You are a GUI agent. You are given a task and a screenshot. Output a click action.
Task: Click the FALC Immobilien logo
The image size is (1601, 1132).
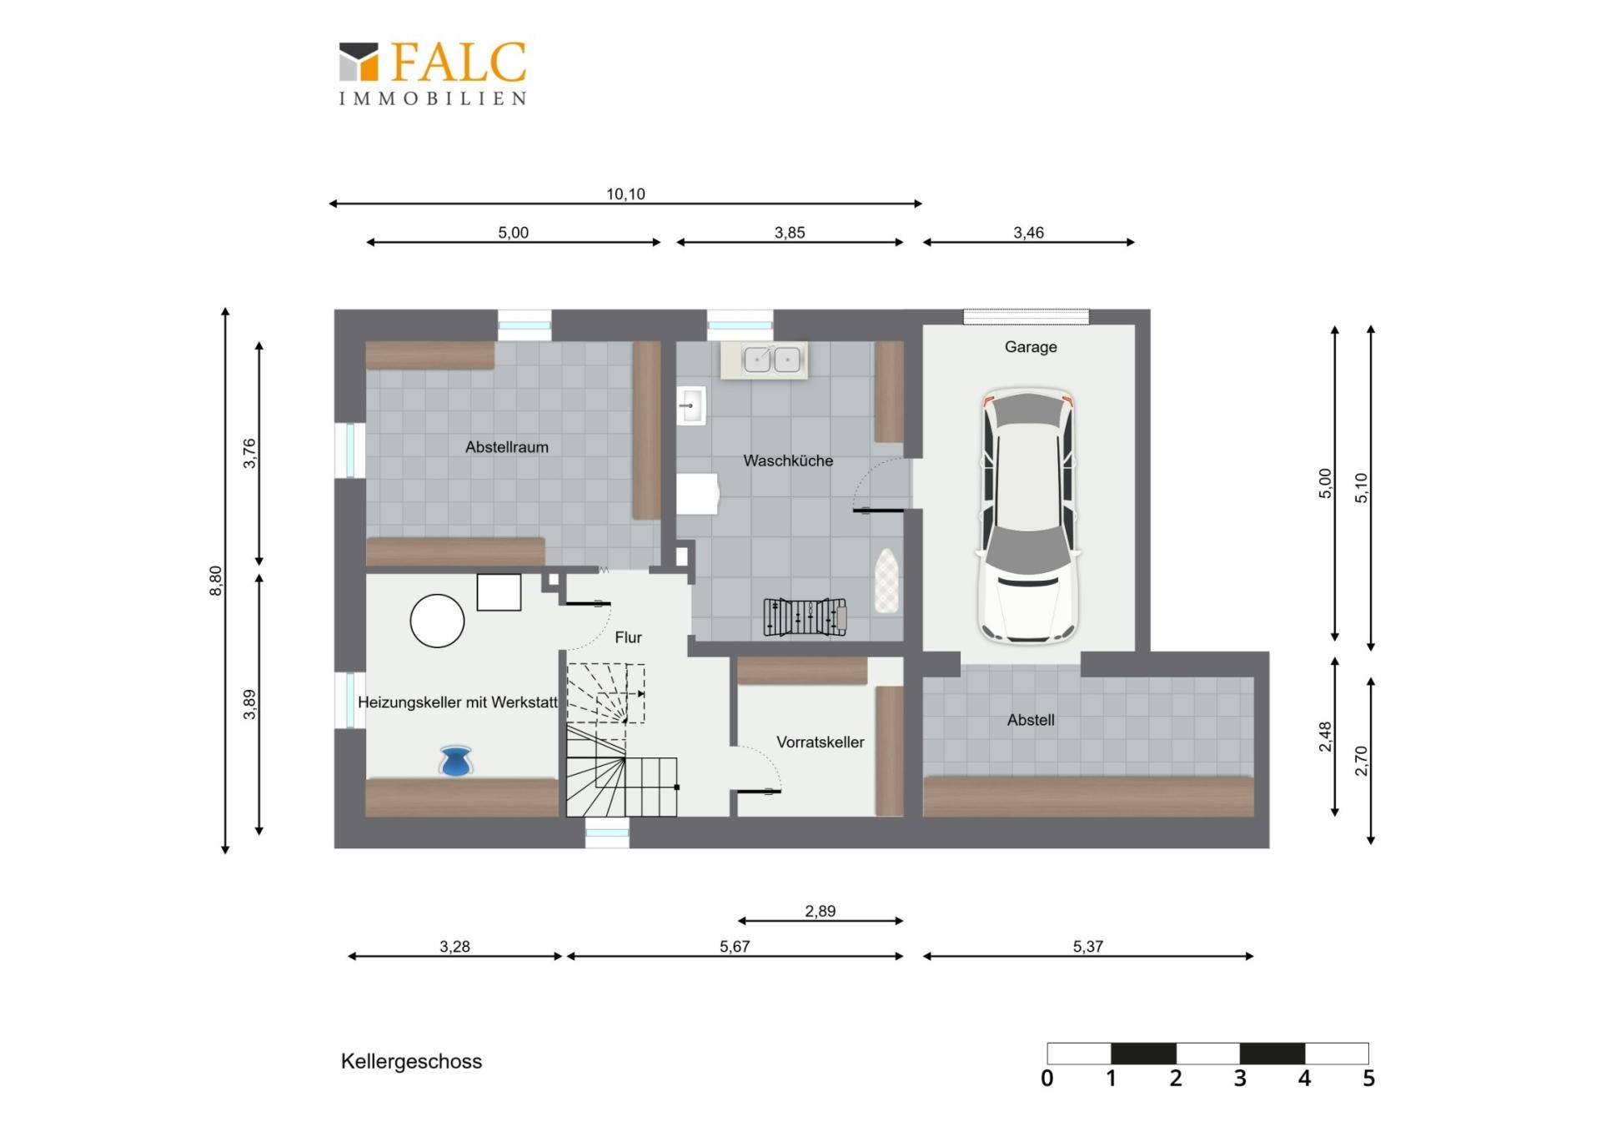click(432, 73)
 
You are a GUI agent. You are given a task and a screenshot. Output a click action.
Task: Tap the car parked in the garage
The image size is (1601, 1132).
click(1028, 515)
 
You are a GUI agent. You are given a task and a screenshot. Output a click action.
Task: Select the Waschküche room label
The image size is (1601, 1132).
click(788, 460)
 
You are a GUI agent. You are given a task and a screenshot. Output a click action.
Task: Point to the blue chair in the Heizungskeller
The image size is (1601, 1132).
click(455, 761)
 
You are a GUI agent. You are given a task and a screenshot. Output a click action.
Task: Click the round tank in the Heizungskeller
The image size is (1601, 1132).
click(437, 621)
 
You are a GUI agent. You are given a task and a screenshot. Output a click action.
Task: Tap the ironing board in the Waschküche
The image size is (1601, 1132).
click(886, 581)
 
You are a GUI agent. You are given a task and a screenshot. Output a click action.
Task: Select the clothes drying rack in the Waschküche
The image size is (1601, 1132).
click(805, 617)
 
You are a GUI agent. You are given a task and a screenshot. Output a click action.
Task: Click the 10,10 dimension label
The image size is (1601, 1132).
click(625, 194)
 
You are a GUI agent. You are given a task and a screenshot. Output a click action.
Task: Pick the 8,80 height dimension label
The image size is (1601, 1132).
click(216, 581)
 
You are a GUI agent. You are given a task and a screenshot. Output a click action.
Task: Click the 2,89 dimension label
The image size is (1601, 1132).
click(820, 911)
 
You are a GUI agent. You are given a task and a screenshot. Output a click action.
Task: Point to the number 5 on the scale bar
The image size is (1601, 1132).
click(1368, 1079)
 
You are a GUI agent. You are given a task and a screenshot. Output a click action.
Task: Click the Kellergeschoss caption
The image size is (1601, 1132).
click(411, 1062)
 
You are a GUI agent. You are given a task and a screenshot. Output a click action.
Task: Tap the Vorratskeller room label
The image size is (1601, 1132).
click(820, 742)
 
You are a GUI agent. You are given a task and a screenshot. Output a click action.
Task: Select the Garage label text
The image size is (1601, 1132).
click(1031, 347)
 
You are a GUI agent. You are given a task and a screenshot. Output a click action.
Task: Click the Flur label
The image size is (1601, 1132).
click(628, 637)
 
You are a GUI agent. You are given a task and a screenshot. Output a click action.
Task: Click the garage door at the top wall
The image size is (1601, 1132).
click(1026, 317)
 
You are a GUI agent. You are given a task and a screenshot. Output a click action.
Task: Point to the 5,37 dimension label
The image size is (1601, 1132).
click(1087, 947)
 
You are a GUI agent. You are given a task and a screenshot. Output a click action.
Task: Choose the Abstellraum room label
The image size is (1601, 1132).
click(506, 447)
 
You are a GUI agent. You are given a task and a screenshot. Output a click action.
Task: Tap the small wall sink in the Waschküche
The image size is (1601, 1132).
click(691, 406)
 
